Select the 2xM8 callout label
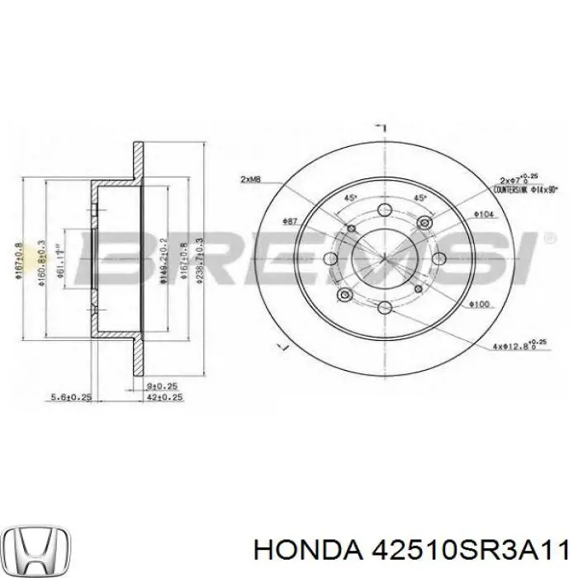(250, 180)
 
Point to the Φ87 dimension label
(289, 220)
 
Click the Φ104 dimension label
(483, 215)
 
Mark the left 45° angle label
(350, 198)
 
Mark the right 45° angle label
(419, 198)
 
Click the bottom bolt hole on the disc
(385, 309)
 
